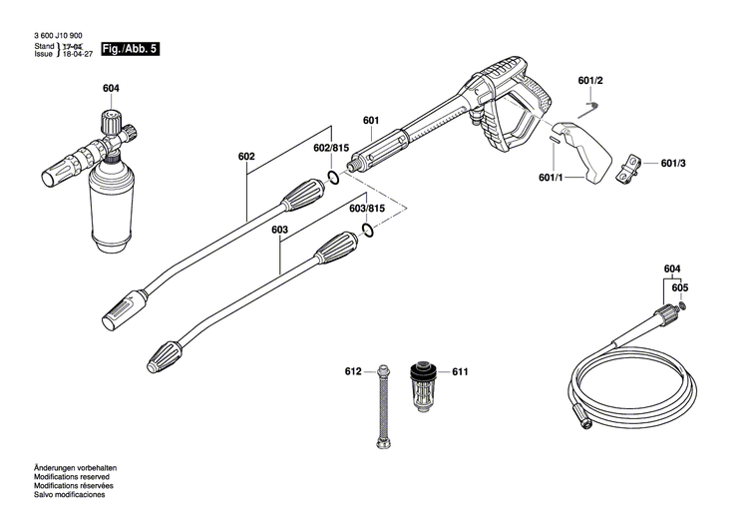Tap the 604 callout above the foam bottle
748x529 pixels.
point(111,89)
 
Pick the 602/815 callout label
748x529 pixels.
point(331,148)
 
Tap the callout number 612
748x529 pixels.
point(353,371)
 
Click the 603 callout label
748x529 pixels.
point(280,230)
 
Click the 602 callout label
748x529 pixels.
point(247,157)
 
